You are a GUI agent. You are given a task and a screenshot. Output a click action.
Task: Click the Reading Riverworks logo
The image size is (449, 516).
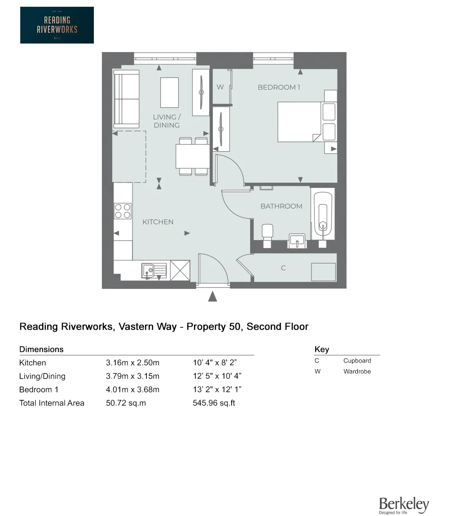(x=57, y=25)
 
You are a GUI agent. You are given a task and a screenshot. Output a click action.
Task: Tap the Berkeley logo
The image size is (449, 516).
(x=404, y=505)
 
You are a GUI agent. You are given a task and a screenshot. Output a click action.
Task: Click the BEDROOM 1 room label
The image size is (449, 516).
(x=279, y=87)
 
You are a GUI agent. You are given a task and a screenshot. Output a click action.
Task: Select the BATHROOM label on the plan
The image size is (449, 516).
(x=282, y=206)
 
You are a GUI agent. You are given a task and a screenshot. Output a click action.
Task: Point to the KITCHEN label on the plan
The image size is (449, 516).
(x=158, y=222)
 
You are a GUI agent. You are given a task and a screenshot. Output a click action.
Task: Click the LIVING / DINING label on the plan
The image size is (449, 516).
(x=167, y=121)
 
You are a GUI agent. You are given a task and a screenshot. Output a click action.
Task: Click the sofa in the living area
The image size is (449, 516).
(x=126, y=99)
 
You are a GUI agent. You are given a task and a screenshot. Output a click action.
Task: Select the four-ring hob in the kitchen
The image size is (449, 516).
(x=123, y=211)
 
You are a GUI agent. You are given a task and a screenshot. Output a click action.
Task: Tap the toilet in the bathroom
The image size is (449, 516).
(x=267, y=233)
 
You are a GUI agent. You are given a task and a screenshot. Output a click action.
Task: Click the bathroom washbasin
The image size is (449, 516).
(x=297, y=240)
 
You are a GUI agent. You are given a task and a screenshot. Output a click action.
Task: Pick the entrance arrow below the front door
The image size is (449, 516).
(x=213, y=296)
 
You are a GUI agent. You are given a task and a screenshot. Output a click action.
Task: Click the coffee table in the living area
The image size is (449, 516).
(x=169, y=92)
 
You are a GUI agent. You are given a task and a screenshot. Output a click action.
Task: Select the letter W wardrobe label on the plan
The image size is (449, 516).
(x=220, y=87)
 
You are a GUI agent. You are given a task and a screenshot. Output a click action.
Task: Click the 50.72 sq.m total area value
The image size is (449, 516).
(x=126, y=403)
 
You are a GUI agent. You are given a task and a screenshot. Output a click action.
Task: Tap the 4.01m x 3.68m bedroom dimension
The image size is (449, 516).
(x=132, y=389)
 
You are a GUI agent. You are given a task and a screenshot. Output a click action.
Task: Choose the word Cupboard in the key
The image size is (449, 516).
(x=357, y=361)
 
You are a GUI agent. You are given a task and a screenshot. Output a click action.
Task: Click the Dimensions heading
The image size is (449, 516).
(x=41, y=349)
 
